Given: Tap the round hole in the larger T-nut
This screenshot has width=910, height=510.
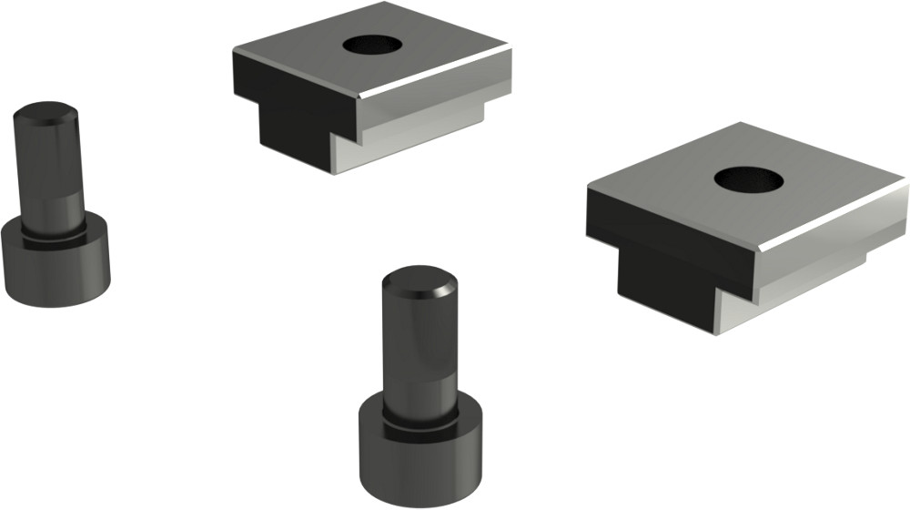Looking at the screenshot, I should click(x=748, y=179).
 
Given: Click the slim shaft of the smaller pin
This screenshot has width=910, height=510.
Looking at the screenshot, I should click(x=50, y=173).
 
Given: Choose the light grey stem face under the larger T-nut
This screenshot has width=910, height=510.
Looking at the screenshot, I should click(x=801, y=291).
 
